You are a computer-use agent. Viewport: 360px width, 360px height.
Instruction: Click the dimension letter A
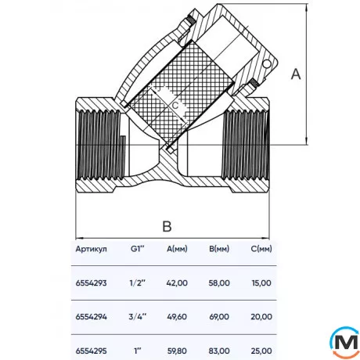coord(295,74)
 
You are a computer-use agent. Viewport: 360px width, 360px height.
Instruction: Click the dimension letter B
coord(166,227)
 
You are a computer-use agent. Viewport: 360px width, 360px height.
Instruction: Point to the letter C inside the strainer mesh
coord(175,103)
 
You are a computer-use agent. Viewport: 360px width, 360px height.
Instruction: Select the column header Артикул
coord(92,250)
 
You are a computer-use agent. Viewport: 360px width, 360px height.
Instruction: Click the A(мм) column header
coord(178,250)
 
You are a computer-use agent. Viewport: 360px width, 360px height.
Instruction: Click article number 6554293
coord(92,286)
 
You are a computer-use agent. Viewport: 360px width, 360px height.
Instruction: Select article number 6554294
coord(92,316)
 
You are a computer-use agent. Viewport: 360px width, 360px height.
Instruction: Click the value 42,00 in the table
coord(178,286)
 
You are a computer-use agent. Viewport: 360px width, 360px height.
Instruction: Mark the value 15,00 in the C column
coord(261,286)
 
